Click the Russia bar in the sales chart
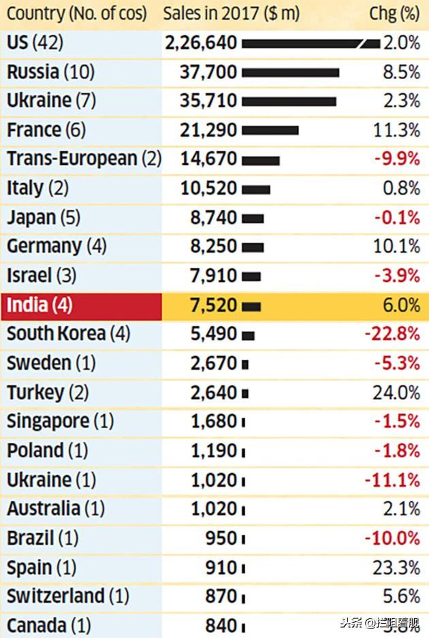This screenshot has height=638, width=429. [290, 72]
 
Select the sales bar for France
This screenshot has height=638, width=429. [270, 130]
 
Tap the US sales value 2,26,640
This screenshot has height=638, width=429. [201, 43]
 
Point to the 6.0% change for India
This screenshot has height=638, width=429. [401, 305]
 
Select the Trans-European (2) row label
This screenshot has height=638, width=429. [84, 159]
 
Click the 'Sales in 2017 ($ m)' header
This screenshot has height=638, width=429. [231, 13]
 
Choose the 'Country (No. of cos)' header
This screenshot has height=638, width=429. [76, 13]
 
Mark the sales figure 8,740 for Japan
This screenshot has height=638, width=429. [214, 218]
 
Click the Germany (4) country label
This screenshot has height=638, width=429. [57, 246]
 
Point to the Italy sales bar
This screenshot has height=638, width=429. [255, 189]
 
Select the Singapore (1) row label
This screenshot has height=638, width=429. [60, 421]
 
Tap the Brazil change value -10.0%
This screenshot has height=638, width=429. [392, 538]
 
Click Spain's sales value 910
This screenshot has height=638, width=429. [221, 567]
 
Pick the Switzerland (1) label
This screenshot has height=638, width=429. [67, 596]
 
